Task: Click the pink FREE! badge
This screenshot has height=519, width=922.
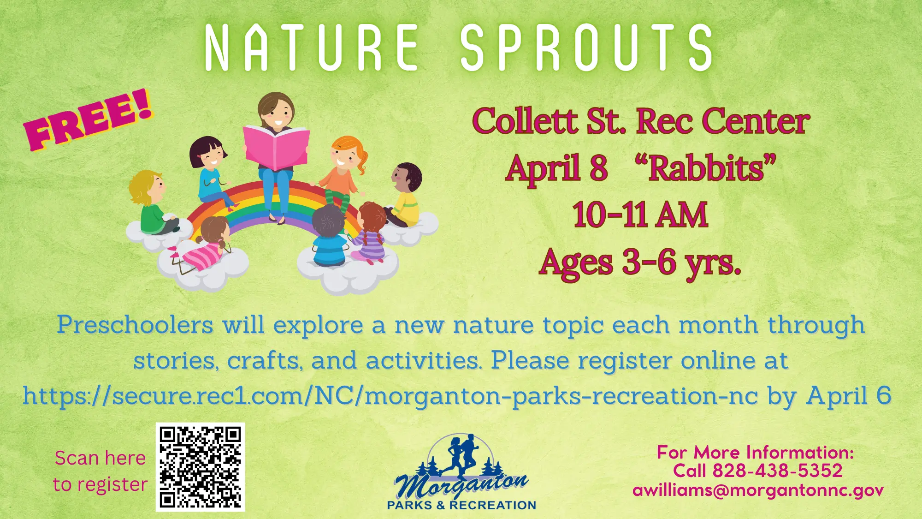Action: pyautogui.click(x=88, y=121)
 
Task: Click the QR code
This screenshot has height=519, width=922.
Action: pyautogui.click(x=201, y=467)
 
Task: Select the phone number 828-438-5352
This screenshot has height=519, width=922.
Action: pyautogui.click(x=777, y=471)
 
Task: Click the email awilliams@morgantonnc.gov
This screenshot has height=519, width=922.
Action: pyautogui.click(x=758, y=490)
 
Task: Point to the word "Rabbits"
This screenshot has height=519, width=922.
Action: pyautogui.click(x=705, y=168)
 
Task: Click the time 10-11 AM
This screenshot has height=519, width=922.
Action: pyautogui.click(x=640, y=215)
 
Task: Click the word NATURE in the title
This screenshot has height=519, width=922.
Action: pyautogui.click(x=311, y=48)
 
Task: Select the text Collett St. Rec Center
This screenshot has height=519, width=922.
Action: pyautogui.click(x=641, y=122)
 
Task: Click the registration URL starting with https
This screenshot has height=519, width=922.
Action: pyautogui.click(x=390, y=396)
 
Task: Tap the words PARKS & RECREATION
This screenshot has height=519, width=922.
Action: pyautogui.click(x=461, y=506)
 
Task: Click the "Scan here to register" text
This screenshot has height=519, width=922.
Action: pyautogui.click(x=100, y=471)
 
